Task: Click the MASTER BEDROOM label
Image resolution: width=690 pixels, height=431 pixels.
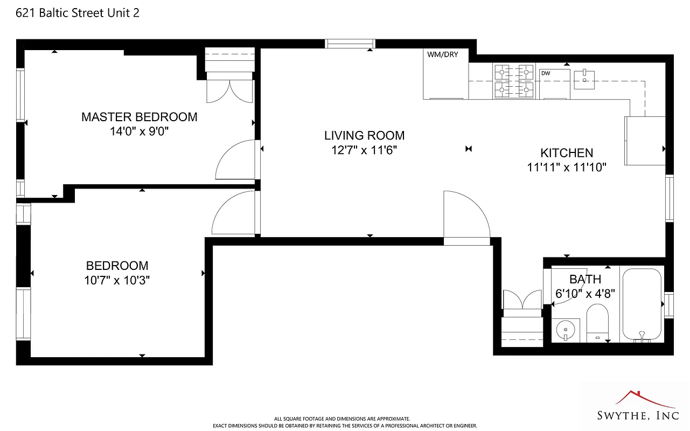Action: (x=139, y=117)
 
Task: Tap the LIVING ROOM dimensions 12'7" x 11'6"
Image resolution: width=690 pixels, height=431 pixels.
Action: (x=364, y=150)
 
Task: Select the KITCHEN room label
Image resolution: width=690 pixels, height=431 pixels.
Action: (x=567, y=153)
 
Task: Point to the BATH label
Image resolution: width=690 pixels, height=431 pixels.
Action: (x=585, y=280)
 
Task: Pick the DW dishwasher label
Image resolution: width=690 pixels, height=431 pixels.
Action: (x=546, y=73)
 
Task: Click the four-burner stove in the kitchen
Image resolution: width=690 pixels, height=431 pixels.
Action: (x=514, y=81)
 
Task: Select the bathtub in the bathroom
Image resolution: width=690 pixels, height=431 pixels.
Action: (x=641, y=304)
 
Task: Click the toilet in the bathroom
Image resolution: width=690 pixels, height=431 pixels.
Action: (x=597, y=322)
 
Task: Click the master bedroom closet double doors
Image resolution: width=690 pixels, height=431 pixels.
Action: (x=229, y=91)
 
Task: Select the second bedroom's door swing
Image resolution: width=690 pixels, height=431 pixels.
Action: (x=234, y=214)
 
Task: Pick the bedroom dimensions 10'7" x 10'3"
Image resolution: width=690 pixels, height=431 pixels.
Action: (x=117, y=280)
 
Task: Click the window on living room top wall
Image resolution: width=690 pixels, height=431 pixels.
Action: (x=350, y=44)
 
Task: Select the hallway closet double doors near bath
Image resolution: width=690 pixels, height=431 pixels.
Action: (x=521, y=300)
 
